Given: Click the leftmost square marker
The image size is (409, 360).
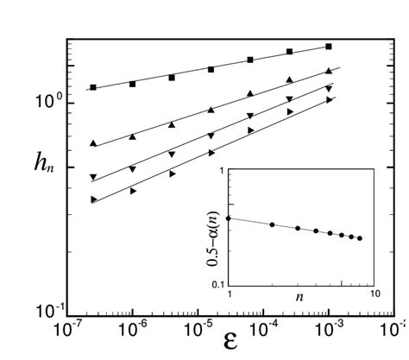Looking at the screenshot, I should (x=93, y=87).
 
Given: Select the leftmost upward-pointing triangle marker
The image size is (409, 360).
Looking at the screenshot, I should (x=93, y=142).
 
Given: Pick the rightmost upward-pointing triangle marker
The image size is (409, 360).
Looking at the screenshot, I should (x=329, y=72).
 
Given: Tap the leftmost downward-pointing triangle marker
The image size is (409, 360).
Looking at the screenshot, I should (x=93, y=177).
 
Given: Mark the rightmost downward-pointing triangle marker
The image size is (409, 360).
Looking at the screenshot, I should (x=329, y=88).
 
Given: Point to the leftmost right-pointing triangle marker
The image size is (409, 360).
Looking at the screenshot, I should (x=93, y=199).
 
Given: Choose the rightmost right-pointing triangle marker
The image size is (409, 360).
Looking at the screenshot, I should (x=329, y=100).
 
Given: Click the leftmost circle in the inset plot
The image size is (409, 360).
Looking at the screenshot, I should (x=229, y=218).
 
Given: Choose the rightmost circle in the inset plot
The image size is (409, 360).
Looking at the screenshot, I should (x=359, y=238).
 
